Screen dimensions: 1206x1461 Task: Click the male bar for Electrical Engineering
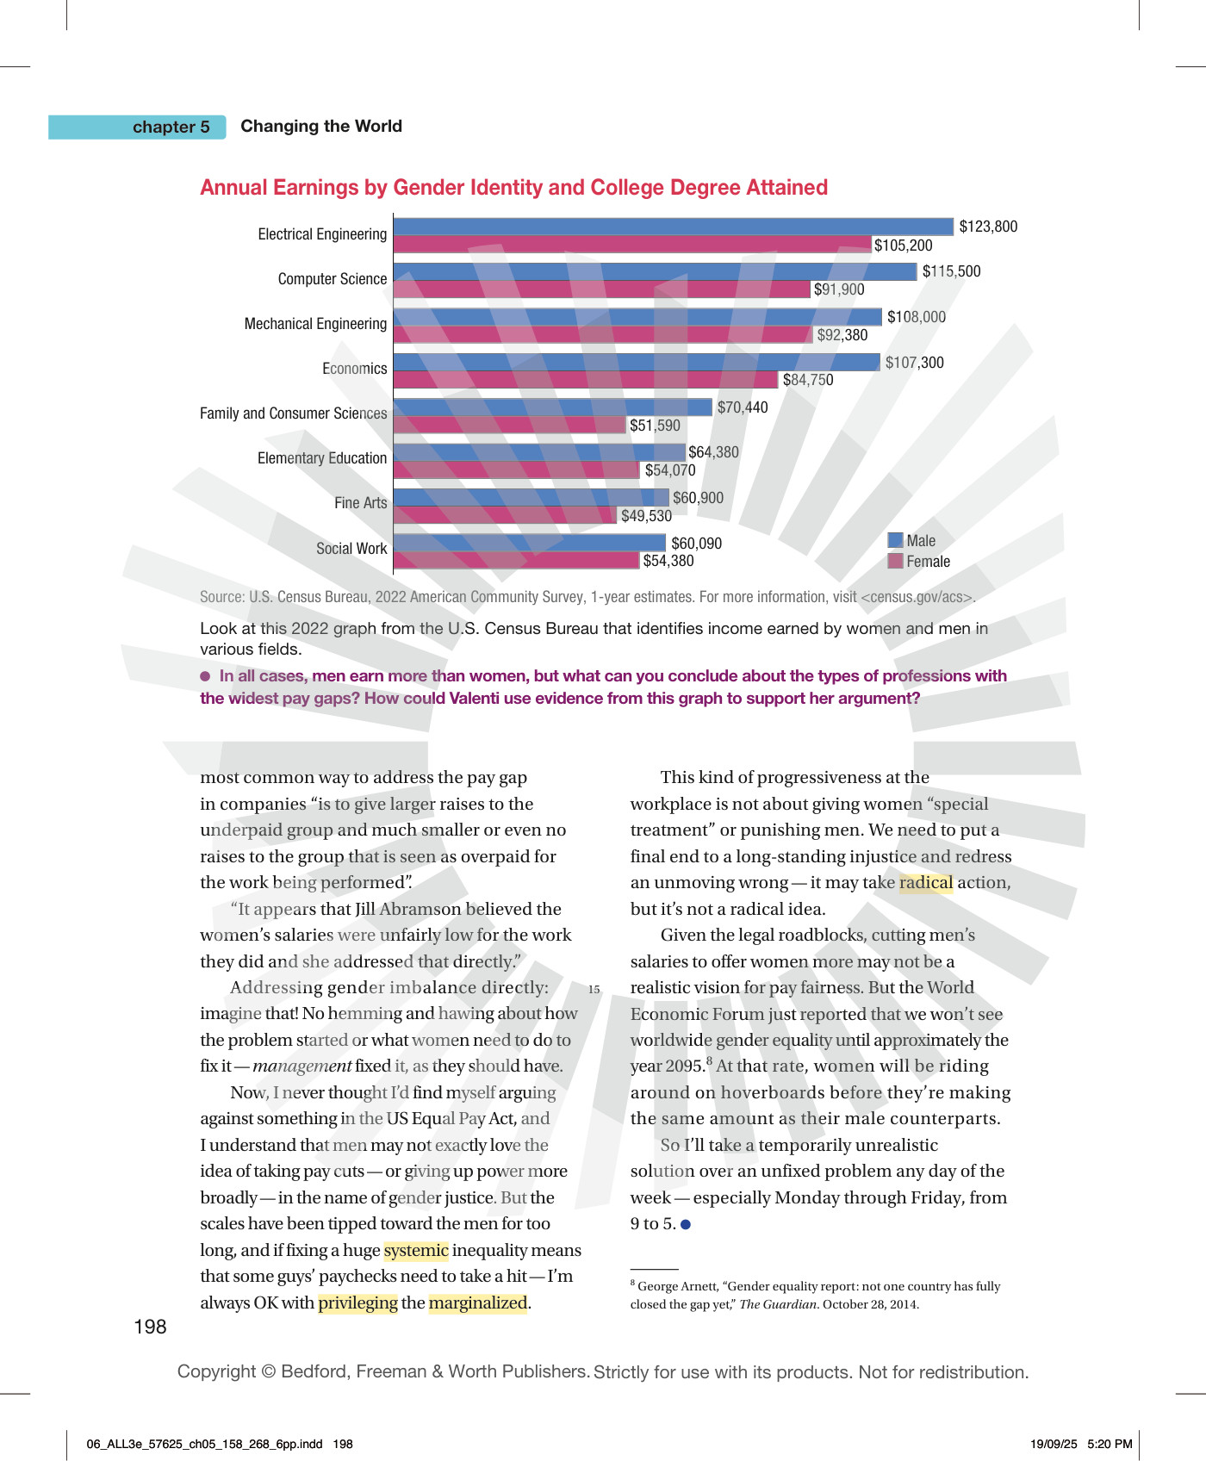(x=674, y=227)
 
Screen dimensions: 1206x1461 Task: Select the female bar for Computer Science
(x=602, y=289)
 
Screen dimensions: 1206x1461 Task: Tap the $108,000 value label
(x=917, y=317)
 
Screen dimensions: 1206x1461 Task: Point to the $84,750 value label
(x=808, y=380)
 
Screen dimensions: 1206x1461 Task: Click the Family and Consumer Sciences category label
(x=294, y=413)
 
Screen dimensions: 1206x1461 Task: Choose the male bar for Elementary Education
(x=540, y=452)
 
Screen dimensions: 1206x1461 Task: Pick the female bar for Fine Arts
(x=506, y=515)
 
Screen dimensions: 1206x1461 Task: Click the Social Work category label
(x=351, y=549)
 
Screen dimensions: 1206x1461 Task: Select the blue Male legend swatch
(x=896, y=540)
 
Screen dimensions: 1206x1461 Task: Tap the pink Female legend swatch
(x=896, y=561)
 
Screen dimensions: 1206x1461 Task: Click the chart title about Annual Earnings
(x=514, y=188)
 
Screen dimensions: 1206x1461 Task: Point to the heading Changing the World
(x=321, y=126)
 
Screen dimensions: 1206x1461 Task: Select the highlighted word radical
(x=926, y=883)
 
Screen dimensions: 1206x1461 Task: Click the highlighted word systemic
(x=416, y=1250)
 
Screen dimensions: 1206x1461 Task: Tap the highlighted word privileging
(x=358, y=1302)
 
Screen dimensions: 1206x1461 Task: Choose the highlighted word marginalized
(x=478, y=1302)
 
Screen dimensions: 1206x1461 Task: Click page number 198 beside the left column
(x=150, y=1327)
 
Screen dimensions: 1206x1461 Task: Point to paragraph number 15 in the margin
(x=594, y=990)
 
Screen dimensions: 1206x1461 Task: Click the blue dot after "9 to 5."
(x=686, y=1224)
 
